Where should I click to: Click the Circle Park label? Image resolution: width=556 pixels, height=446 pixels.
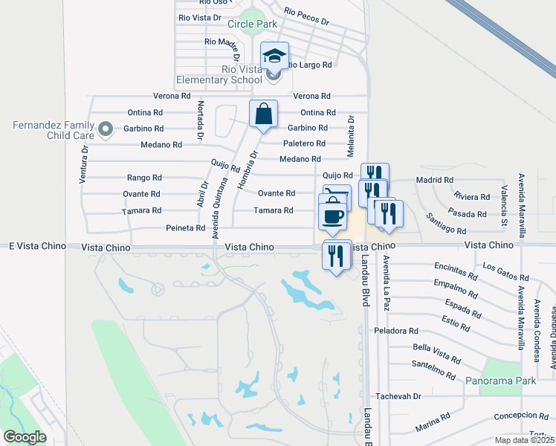(x=252, y=24)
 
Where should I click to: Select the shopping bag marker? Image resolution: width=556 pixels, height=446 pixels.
(x=263, y=114)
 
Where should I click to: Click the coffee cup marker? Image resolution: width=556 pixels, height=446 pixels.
(x=332, y=216)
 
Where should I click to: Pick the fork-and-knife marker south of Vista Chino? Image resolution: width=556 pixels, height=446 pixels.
(x=337, y=256)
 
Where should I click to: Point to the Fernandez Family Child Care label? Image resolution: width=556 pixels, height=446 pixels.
(x=53, y=130)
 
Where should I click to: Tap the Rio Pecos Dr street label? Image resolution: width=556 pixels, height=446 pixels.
(x=306, y=16)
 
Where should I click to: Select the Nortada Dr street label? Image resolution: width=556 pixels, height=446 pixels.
(x=201, y=121)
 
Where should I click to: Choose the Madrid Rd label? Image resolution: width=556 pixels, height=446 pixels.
(x=434, y=180)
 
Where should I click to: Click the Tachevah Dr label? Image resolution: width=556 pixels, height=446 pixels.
(x=398, y=396)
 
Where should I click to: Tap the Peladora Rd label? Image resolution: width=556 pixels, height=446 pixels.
(x=397, y=331)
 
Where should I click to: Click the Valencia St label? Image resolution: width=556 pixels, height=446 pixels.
(x=503, y=205)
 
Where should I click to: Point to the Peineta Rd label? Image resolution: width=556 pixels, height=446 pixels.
(x=185, y=228)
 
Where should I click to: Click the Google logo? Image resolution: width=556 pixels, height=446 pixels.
(x=25, y=437)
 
